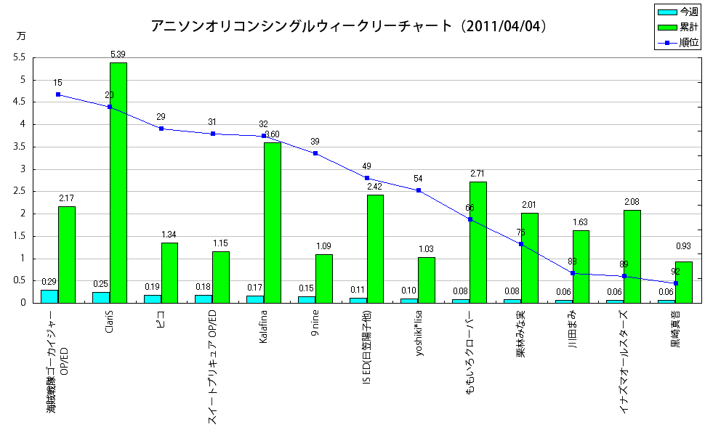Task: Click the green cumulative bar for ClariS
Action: point(118,182)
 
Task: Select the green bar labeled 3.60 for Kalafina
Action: point(273,222)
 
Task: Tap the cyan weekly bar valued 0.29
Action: point(49,296)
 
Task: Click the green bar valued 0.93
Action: point(684,282)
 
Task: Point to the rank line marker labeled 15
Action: point(58,94)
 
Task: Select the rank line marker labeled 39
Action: point(315,153)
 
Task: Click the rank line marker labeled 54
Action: point(419,190)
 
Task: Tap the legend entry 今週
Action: point(678,12)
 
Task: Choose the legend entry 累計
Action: point(678,28)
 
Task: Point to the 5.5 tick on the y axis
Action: point(20,57)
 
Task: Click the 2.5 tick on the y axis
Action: point(20,191)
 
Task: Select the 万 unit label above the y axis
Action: point(20,36)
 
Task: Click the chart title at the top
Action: point(349,26)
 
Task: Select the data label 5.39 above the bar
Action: point(118,54)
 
